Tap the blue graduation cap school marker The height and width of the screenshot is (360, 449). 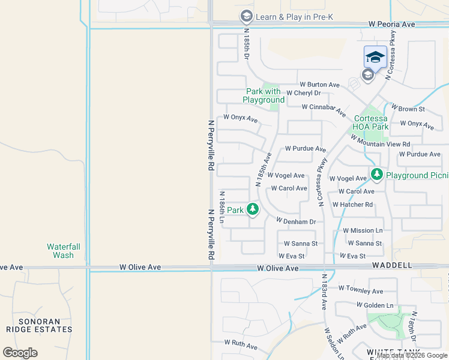375,57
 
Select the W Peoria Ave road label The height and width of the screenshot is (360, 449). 391,25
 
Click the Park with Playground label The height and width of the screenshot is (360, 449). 264,95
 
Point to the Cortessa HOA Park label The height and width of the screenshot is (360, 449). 371,122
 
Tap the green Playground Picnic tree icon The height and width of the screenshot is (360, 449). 376,175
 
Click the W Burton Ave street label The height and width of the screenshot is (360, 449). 320,85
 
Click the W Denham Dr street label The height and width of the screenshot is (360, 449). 296,221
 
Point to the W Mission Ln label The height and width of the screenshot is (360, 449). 363,230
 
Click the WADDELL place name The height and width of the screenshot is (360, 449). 392,265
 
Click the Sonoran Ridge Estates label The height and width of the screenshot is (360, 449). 39,325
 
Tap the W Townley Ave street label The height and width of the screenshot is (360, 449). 360,291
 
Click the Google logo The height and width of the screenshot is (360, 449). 20,353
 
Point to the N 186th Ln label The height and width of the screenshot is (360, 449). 221,207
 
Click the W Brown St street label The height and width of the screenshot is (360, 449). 408,109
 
